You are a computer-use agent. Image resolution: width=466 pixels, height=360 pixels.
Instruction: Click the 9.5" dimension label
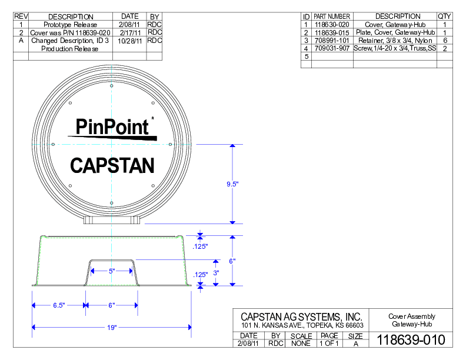tap(232, 184)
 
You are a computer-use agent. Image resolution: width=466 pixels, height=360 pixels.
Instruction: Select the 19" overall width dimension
tap(112, 328)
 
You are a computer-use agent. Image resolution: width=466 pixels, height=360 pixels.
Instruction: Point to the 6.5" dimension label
tap(58, 305)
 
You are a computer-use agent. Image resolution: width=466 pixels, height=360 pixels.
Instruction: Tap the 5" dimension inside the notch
tap(112, 271)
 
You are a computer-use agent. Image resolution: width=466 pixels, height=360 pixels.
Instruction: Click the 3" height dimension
tap(217, 273)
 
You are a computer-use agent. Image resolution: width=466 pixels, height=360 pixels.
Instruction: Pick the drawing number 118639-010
tap(410, 340)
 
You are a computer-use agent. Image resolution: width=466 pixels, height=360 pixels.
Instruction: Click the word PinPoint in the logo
tap(112, 126)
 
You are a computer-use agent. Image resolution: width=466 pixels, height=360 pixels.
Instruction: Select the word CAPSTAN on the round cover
tap(112, 165)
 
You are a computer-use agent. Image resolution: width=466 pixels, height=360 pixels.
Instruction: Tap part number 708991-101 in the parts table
tap(332, 41)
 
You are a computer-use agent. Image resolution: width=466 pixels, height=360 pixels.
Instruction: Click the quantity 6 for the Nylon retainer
tap(445, 41)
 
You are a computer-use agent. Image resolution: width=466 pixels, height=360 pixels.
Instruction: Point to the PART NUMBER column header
tap(332, 16)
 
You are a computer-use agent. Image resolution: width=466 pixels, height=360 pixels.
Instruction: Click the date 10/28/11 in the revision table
tap(129, 41)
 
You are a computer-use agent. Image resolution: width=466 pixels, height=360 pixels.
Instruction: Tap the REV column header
tap(21, 16)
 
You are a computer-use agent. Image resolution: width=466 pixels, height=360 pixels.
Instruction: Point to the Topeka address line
tap(302, 325)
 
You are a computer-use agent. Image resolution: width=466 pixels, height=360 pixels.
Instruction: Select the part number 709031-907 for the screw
tap(332, 49)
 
